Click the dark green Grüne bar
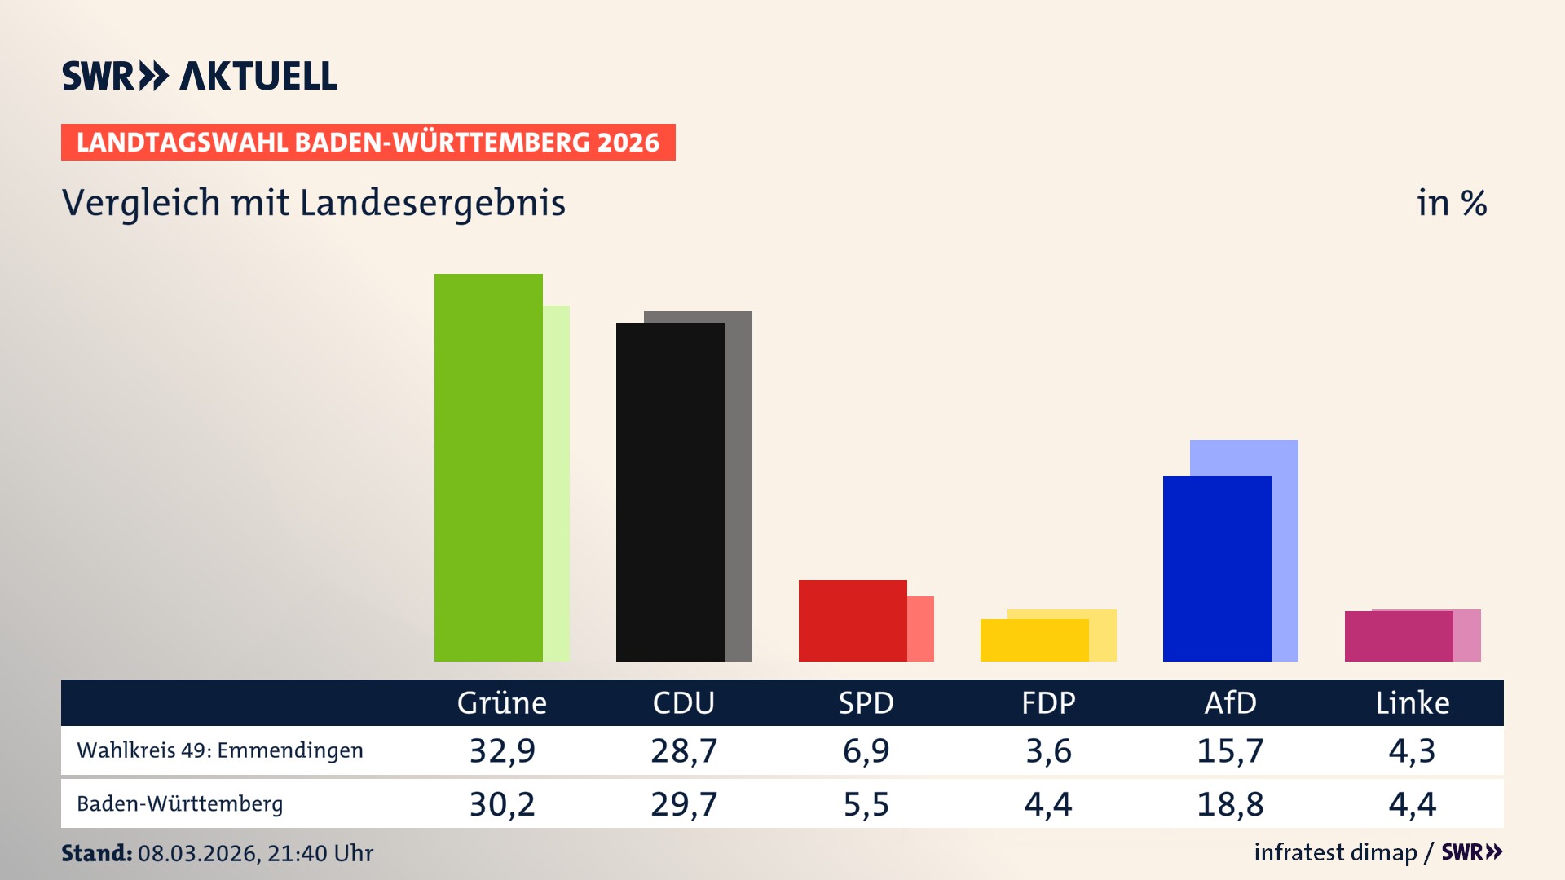pyautogui.click(x=488, y=468)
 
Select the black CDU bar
pyautogui.click(x=670, y=492)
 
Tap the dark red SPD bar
pyautogui.click(x=853, y=621)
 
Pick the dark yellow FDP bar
pyautogui.click(x=1034, y=640)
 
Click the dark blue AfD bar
pyautogui.click(x=1217, y=569)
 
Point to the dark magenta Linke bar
pyautogui.click(x=1399, y=636)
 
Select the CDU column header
pyautogui.click(x=683, y=703)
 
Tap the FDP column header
pyautogui.click(x=1048, y=703)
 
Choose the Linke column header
pyautogui.click(x=1412, y=703)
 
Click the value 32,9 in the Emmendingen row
pyautogui.click(x=502, y=750)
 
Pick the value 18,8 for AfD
pyautogui.click(x=1230, y=804)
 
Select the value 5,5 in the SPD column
pyautogui.click(x=866, y=804)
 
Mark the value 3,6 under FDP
pyautogui.click(x=1048, y=750)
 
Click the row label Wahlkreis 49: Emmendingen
pyautogui.click(x=220, y=750)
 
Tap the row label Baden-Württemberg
pyautogui.click(x=180, y=804)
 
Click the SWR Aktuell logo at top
pyautogui.click(x=200, y=76)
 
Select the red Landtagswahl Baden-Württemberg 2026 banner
pyautogui.click(x=368, y=143)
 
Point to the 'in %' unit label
pyautogui.click(x=1451, y=204)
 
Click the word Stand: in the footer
pyautogui.click(x=96, y=853)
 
